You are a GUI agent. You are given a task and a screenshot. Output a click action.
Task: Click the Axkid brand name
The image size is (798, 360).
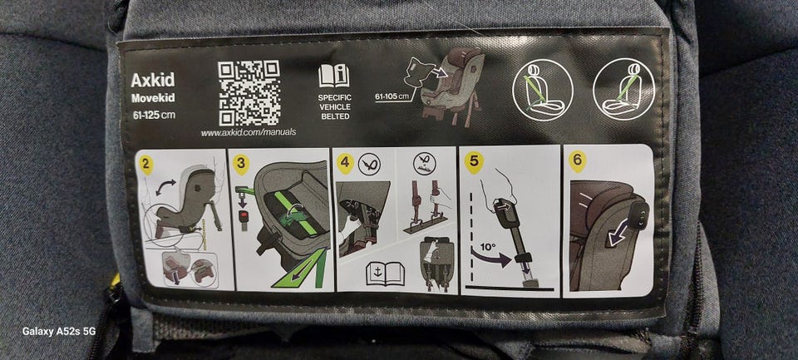(x=152, y=80)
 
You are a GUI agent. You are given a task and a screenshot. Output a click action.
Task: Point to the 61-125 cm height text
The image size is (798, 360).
(x=154, y=115)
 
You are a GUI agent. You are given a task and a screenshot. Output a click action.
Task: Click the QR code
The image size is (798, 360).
(x=249, y=92)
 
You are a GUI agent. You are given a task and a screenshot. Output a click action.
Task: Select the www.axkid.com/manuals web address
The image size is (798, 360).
(x=249, y=133)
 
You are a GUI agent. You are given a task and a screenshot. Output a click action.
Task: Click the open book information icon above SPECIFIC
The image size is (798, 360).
(x=334, y=76)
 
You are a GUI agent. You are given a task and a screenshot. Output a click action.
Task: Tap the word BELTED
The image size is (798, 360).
(x=335, y=116)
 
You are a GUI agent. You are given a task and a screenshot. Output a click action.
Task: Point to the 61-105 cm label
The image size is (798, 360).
(x=392, y=96)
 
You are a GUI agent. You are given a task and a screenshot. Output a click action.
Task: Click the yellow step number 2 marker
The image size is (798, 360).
(x=146, y=165)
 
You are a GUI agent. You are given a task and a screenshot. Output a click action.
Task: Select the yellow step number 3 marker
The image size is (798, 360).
(x=240, y=165)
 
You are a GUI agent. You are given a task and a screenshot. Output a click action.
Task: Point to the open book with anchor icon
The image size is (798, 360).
(x=385, y=274)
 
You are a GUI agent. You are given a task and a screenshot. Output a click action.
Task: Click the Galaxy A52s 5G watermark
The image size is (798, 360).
(x=59, y=332)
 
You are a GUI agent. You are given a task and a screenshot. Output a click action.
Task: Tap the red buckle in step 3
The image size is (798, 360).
(x=244, y=216)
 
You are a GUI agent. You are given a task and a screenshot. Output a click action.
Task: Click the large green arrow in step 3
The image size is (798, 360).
(x=301, y=269)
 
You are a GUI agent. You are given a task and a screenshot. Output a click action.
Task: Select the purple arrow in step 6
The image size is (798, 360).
(x=618, y=234)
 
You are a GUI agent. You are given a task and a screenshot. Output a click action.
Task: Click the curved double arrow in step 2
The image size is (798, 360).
(x=165, y=186)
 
